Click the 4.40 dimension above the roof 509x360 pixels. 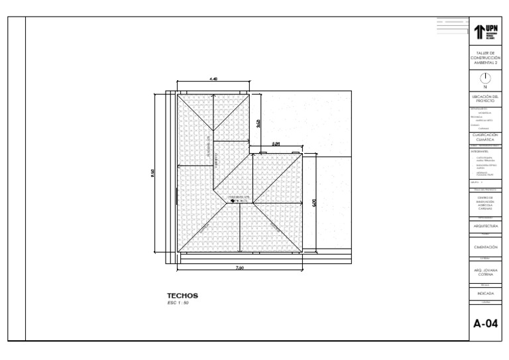[x=213, y=80]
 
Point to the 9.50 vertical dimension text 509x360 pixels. [x=153, y=173]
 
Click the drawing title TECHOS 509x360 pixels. [x=182, y=296]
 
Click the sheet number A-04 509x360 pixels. [x=485, y=324]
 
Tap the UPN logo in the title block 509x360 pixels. [x=485, y=31]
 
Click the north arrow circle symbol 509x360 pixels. [x=485, y=78]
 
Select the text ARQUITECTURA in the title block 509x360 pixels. [x=485, y=227]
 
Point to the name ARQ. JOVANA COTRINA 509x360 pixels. [x=485, y=272]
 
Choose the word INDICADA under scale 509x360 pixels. [x=485, y=292]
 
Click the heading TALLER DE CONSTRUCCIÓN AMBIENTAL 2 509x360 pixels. [x=485, y=58]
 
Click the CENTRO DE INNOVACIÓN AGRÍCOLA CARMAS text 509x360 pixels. [x=485, y=203]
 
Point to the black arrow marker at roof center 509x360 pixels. [x=233, y=201]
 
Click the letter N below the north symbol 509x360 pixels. [x=485, y=87]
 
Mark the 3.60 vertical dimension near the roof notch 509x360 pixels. [x=258, y=123]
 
